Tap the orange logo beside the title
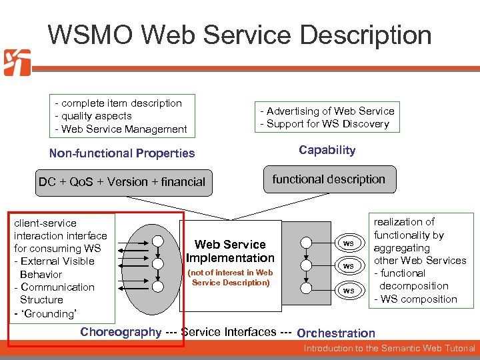click(x=17, y=63)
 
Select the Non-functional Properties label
click(x=122, y=153)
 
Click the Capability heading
click(x=327, y=150)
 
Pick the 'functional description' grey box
click(x=329, y=179)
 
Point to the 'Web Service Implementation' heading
click(x=230, y=251)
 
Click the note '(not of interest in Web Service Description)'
click(x=230, y=277)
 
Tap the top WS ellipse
click(x=348, y=243)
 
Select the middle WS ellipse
click(x=348, y=266)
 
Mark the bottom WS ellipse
click(x=348, y=290)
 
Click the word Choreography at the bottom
click(x=121, y=332)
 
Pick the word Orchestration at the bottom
click(x=336, y=333)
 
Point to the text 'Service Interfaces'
click(x=228, y=332)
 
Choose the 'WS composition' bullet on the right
click(x=418, y=299)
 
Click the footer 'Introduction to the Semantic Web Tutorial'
click(x=389, y=349)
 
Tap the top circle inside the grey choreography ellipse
click(x=157, y=241)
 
